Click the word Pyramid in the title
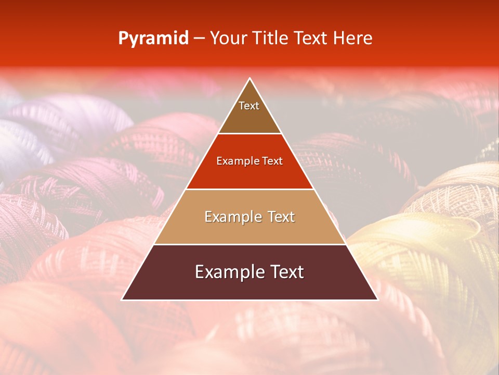tap(153, 39)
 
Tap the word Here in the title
tap(353, 39)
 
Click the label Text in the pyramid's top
tap(249, 106)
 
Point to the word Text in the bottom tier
tap(286, 272)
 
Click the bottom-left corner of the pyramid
tap(123, 299)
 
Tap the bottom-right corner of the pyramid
tap(377, 299)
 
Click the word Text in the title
tap(312, 39)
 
